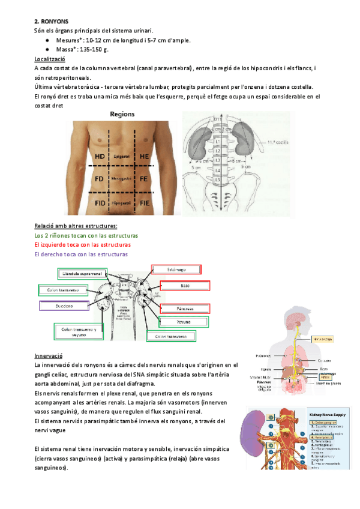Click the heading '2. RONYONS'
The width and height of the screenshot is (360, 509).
pos(52,20)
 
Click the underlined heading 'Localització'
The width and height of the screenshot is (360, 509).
pos(51,59)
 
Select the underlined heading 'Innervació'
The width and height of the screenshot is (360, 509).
pos(49,355)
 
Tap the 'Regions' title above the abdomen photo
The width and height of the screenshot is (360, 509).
pos(122,114)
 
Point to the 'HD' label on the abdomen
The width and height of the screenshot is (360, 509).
pos(100,157)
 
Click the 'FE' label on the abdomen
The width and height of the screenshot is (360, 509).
pos(144,179)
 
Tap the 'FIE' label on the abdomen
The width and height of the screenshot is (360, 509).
pos(145,204)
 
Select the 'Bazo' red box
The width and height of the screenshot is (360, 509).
pos(185,286)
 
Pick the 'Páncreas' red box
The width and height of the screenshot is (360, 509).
pos(185,308)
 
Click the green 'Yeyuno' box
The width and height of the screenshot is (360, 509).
pos(184,322)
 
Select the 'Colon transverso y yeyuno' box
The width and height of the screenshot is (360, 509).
pos(79,331)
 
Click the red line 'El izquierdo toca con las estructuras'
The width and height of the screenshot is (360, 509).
pos(82,245)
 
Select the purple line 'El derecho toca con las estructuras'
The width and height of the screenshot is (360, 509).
pos(82,254)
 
